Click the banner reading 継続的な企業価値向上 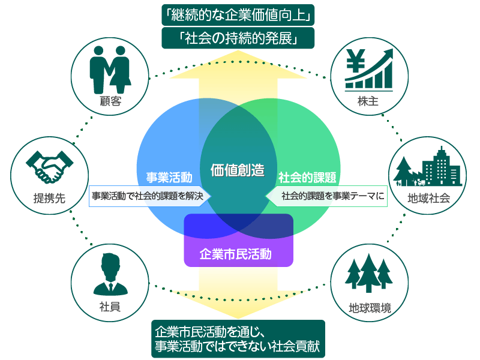[238, 14]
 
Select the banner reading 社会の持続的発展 [238, 38]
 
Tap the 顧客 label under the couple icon [110, 101]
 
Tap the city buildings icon [428, 165]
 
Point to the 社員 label [110, 307]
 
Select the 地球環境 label [370, 308]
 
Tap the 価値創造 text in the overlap [238, 170]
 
